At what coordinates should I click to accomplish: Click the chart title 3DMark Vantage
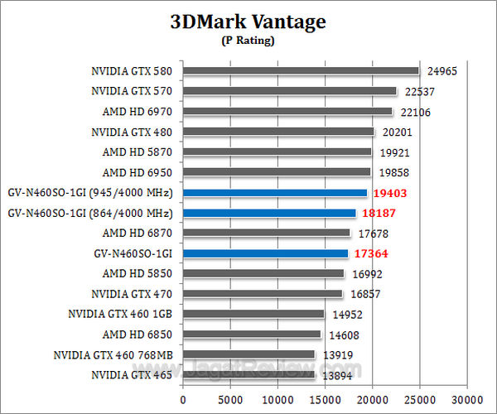(x=248, y=22)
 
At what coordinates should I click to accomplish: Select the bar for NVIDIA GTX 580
(x=301, y=71)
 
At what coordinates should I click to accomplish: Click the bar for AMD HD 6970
(x=287, y=112)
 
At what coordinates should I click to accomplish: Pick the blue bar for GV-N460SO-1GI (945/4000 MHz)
(x=274, y=193)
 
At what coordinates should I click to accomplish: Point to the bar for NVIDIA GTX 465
(x=248, y=375)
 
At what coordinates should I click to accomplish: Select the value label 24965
(x=441, y=71)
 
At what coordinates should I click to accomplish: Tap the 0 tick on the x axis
(x=183, y=397)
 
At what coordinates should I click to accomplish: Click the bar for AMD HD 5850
(x=263, y=273)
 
